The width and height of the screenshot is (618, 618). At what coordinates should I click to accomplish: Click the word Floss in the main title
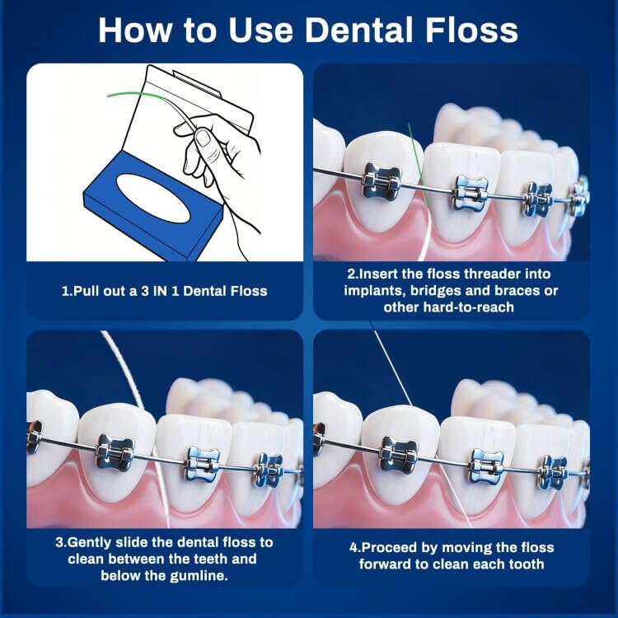tap(466, 30)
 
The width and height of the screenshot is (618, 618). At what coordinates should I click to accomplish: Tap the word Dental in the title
tap(355, 30)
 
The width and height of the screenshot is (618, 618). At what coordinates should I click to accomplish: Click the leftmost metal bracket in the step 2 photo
tap(381, 180)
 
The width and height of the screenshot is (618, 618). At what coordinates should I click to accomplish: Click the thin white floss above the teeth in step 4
tap(391, 371)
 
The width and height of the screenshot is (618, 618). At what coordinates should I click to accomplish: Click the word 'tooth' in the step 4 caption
tap(523, 564)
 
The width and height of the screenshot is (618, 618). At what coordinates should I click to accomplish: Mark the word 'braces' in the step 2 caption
tap(511, 291)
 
